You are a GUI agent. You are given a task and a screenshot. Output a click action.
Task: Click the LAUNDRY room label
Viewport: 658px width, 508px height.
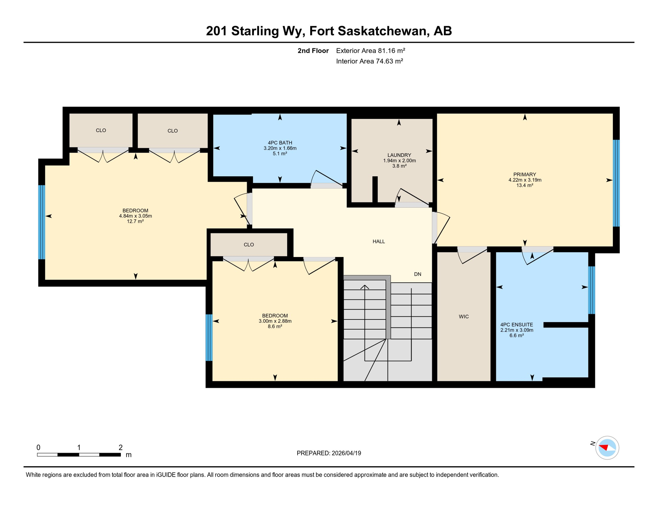[399, 155]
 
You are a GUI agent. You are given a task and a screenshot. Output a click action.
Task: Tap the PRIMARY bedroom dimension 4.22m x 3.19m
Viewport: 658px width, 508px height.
[525, 180]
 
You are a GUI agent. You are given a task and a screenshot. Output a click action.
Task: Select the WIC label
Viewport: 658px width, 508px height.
[463, 317]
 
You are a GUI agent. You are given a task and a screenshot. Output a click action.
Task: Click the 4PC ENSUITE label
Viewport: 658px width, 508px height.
[516, 325]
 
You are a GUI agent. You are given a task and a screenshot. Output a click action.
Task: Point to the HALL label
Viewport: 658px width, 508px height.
[379, 241]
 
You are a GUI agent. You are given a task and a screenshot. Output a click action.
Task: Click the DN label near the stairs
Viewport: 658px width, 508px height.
[417, 274]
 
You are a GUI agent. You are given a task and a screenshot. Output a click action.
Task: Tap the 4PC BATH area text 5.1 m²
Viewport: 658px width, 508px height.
[280, 154]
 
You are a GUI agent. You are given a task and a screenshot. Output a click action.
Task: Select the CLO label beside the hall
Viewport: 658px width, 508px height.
[249, 245]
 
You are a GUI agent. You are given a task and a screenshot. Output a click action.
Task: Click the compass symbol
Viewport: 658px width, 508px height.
[607, 448]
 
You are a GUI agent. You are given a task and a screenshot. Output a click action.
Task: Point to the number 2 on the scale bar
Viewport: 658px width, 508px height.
[120, 447]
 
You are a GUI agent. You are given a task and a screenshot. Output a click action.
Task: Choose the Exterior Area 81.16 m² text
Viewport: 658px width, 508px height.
[370, 51]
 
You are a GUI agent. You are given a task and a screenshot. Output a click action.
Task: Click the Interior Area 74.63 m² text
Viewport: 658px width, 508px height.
[369, 61]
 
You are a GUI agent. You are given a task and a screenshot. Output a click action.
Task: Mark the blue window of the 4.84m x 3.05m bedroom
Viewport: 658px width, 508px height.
[42, 222]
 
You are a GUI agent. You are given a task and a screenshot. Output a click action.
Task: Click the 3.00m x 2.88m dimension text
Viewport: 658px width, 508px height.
[275, 321]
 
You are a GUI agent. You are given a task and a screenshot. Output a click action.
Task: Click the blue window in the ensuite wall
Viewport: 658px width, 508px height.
[591, 290]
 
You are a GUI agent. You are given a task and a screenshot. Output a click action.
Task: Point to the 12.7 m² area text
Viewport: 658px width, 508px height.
[135, 221]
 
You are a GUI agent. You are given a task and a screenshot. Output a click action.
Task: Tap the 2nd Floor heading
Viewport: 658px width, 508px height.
[313, 51]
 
